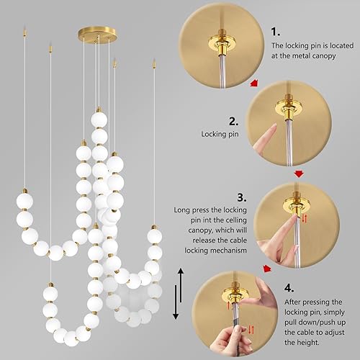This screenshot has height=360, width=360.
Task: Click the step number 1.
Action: pyautogui.click(x=276, y=32)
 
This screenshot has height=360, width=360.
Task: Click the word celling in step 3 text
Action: pyautogui.click(x=230, y=222)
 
